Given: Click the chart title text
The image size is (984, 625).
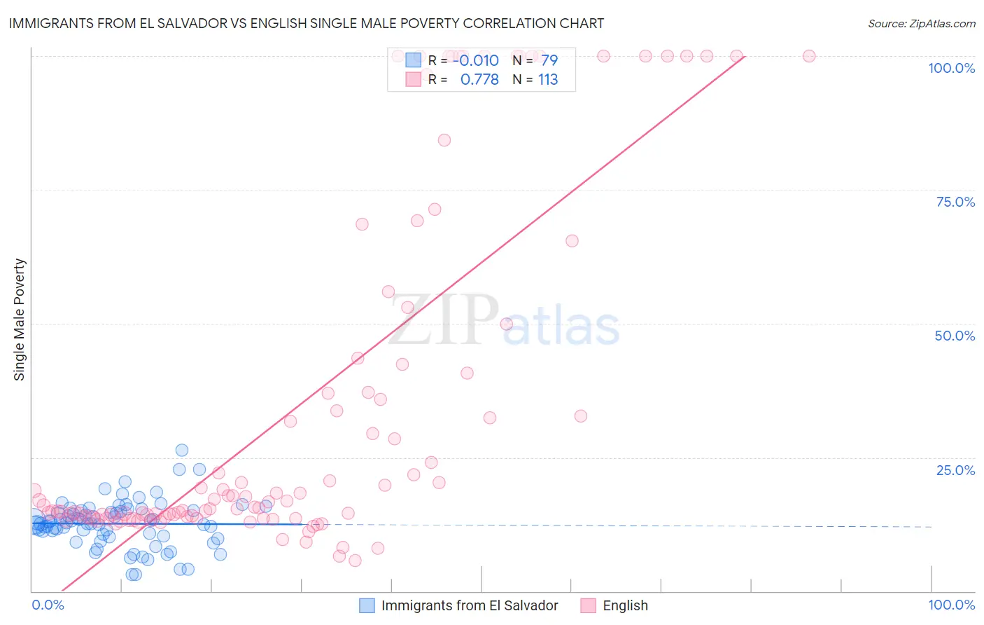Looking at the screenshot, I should point(306,23).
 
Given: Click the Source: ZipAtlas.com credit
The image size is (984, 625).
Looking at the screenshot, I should point(921,23).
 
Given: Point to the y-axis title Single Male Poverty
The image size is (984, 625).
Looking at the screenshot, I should point(19,320).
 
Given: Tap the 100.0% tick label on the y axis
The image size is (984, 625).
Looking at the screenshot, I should point(951,68).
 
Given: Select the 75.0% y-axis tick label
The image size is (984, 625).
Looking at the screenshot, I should point(955,202).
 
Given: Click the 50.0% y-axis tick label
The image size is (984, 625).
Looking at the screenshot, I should point(955,336).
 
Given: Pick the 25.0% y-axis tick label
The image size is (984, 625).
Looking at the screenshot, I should point(955,470).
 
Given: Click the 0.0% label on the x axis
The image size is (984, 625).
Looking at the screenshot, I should point(48,605).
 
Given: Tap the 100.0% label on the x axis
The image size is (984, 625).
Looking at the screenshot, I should point(951,605).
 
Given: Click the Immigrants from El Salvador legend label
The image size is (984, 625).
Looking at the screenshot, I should point(470,605).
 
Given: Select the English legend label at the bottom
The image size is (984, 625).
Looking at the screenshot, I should point(625,605).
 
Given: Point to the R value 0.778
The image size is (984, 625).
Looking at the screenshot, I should point(479,79).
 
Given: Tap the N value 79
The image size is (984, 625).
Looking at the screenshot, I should point(549,60).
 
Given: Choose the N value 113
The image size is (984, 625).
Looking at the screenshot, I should point(548,79).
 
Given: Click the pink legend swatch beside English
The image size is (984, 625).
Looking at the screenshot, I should point(588,605).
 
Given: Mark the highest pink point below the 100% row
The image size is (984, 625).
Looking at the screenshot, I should point(444,140).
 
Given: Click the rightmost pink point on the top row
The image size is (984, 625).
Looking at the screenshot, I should point(809,56).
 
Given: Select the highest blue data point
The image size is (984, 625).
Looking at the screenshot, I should point(182,450).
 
